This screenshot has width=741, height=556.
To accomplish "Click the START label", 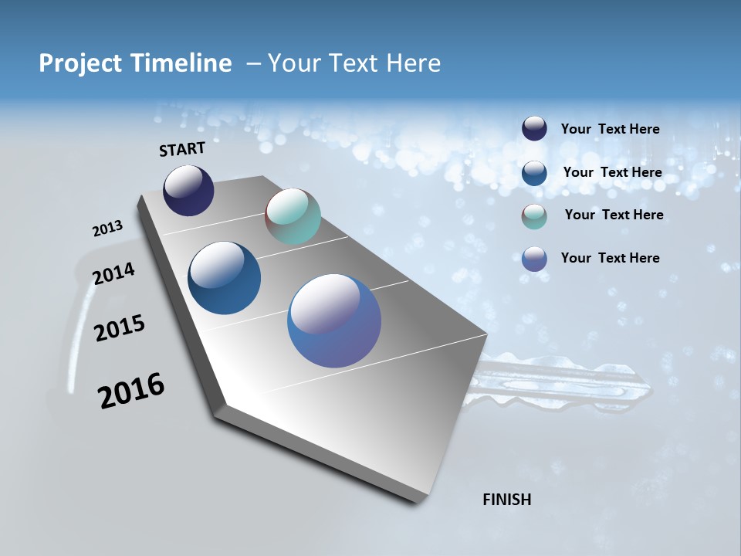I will click(x=182, y=149).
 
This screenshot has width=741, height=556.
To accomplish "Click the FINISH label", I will click(x=506, y=500).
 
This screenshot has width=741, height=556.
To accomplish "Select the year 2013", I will click(x=107, y=229).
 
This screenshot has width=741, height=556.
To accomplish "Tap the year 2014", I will click(x=113, y=273).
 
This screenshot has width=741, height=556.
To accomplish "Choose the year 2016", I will click(x=131, y=390).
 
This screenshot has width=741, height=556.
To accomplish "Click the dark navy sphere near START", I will click(x=188, y=191).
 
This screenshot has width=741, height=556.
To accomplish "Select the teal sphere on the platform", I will click(x=293, y=216).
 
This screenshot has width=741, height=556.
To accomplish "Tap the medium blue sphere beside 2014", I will click(x=224, y=278).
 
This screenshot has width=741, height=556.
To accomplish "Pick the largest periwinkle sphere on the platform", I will click(x=334, y=320).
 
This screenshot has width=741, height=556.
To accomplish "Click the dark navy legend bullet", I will click(x=534, y=129).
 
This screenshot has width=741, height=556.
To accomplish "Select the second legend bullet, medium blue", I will click(x=534, y=173).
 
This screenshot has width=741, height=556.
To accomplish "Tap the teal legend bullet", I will click(x=534, y=216).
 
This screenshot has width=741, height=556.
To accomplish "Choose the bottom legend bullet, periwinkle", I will click(x=534, y=259).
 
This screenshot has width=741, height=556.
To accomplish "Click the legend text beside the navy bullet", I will click(x=610, y=130).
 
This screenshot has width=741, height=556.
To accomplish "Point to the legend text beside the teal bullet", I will click(x=614, y=215).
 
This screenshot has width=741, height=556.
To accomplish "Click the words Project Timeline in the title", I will click(x=135, y=63).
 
